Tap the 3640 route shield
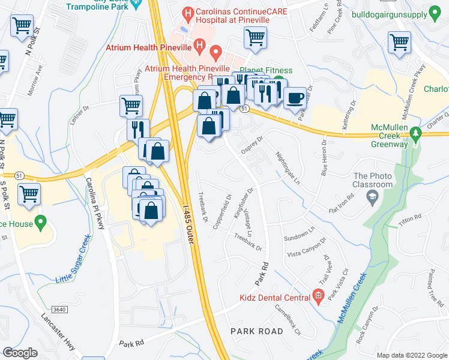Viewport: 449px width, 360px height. point(59,309)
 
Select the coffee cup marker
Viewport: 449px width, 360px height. point(294,97)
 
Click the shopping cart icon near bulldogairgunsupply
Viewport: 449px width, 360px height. point(400,43)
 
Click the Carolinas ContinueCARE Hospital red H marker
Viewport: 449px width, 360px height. point(188,13)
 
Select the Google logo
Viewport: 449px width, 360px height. point(20,352)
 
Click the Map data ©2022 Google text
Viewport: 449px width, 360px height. point(411,355)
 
